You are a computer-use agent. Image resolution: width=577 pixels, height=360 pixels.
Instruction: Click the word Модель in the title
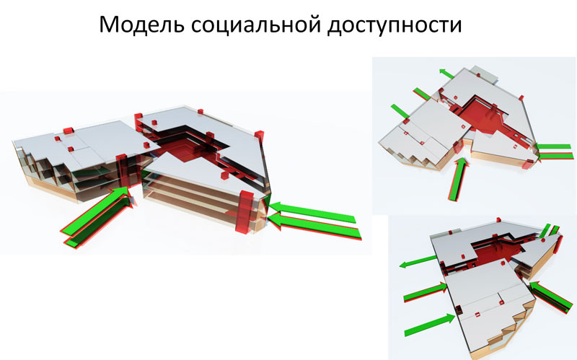(141, 25)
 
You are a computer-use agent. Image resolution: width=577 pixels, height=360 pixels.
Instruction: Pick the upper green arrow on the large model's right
(313, 212)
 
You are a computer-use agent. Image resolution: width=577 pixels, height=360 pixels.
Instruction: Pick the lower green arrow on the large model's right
(314, 226)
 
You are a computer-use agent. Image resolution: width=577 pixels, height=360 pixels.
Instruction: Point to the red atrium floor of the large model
(183, 150)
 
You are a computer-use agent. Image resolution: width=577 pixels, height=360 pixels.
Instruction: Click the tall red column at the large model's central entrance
(122, 172)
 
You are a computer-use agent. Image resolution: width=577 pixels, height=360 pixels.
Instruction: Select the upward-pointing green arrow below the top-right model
(457, 179)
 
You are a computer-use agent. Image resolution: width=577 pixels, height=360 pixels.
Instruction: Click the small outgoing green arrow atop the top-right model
(446, 74)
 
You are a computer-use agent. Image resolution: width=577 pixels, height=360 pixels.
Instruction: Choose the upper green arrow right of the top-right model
(553, 146)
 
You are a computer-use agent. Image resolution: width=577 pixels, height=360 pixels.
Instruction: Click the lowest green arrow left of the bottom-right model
(430, 325)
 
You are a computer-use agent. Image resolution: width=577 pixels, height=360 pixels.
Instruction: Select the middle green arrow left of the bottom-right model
(426, 292)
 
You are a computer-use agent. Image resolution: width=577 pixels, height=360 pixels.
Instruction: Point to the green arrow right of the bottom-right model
(551, 297)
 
